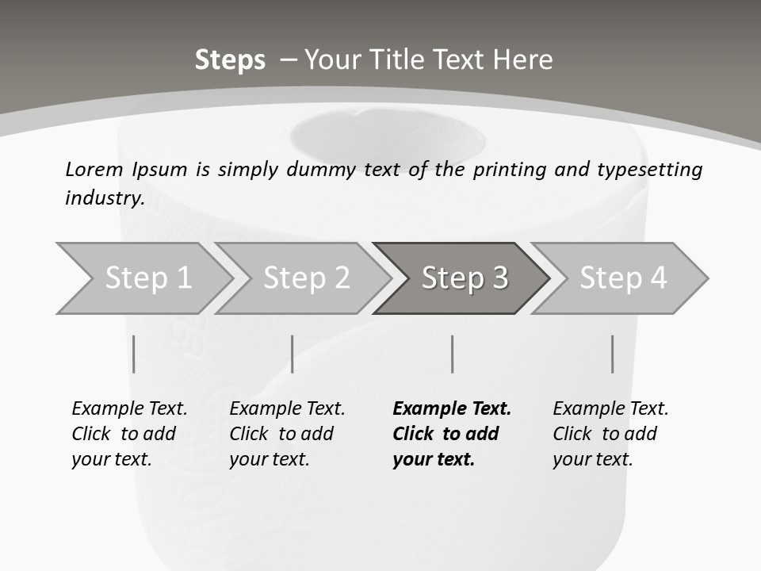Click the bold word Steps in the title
[230, 60]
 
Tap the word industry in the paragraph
[104, 197]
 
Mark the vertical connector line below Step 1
[133, 354]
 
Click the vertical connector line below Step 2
[293, 354]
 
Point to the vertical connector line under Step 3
[452, 354]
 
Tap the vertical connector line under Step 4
[612, 354]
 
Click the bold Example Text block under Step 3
[450, 434]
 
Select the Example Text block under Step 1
[128, 434]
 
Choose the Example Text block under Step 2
[286, 434]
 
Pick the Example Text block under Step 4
[610, 434]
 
